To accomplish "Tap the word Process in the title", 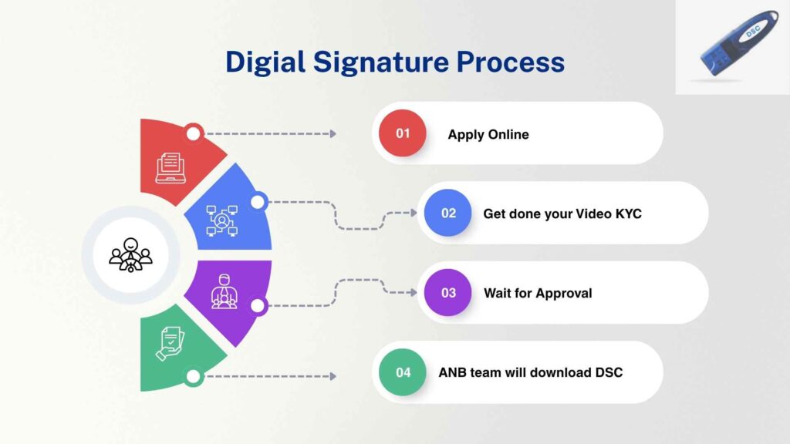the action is [511, 62].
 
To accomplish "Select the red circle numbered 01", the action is [403, 133].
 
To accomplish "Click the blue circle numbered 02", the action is [448, 213].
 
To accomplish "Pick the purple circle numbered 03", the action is [448, 292].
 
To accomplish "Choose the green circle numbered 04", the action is [403, 372].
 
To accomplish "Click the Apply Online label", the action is [488, 134].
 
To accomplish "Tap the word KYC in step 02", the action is [628, 214].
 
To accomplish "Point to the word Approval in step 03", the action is [564, 294].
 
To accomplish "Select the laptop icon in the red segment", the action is [170, 168].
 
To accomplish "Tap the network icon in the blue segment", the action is [221, 220].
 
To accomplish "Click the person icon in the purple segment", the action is [225, 291].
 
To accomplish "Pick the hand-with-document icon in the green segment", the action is [170, 344].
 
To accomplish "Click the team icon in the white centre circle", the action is [130, 254].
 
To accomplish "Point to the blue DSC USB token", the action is [740, 43].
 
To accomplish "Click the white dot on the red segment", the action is [193, 133].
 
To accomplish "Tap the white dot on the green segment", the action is [193, 376].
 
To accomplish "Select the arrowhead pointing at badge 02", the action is [414, 213].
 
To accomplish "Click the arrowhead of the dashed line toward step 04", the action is [333, 376].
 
